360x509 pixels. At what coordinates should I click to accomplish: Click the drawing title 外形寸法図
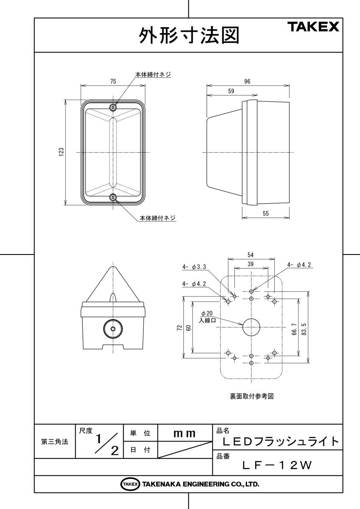[189, 36]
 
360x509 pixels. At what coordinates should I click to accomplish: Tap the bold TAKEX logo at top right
[313, 27]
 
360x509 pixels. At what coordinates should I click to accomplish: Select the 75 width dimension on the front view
[113, 81]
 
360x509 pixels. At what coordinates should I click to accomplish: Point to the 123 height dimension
[62, 152]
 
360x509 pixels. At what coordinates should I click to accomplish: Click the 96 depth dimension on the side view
[247, 81]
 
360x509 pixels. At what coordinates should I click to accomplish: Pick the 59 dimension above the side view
[231, 91]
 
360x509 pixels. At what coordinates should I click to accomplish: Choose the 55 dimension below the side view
[266, 213]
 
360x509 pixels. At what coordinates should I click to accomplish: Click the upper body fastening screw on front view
[113, 107]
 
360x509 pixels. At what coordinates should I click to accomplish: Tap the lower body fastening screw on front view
[113, 198]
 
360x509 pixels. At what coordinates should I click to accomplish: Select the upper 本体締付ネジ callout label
[153, 74]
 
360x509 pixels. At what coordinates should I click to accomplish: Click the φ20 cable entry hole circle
[251, 327]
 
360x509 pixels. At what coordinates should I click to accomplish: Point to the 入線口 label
[207, 321]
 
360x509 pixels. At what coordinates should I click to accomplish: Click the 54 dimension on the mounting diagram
[250, 255]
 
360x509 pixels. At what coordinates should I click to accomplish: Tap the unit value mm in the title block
[184, 434]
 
